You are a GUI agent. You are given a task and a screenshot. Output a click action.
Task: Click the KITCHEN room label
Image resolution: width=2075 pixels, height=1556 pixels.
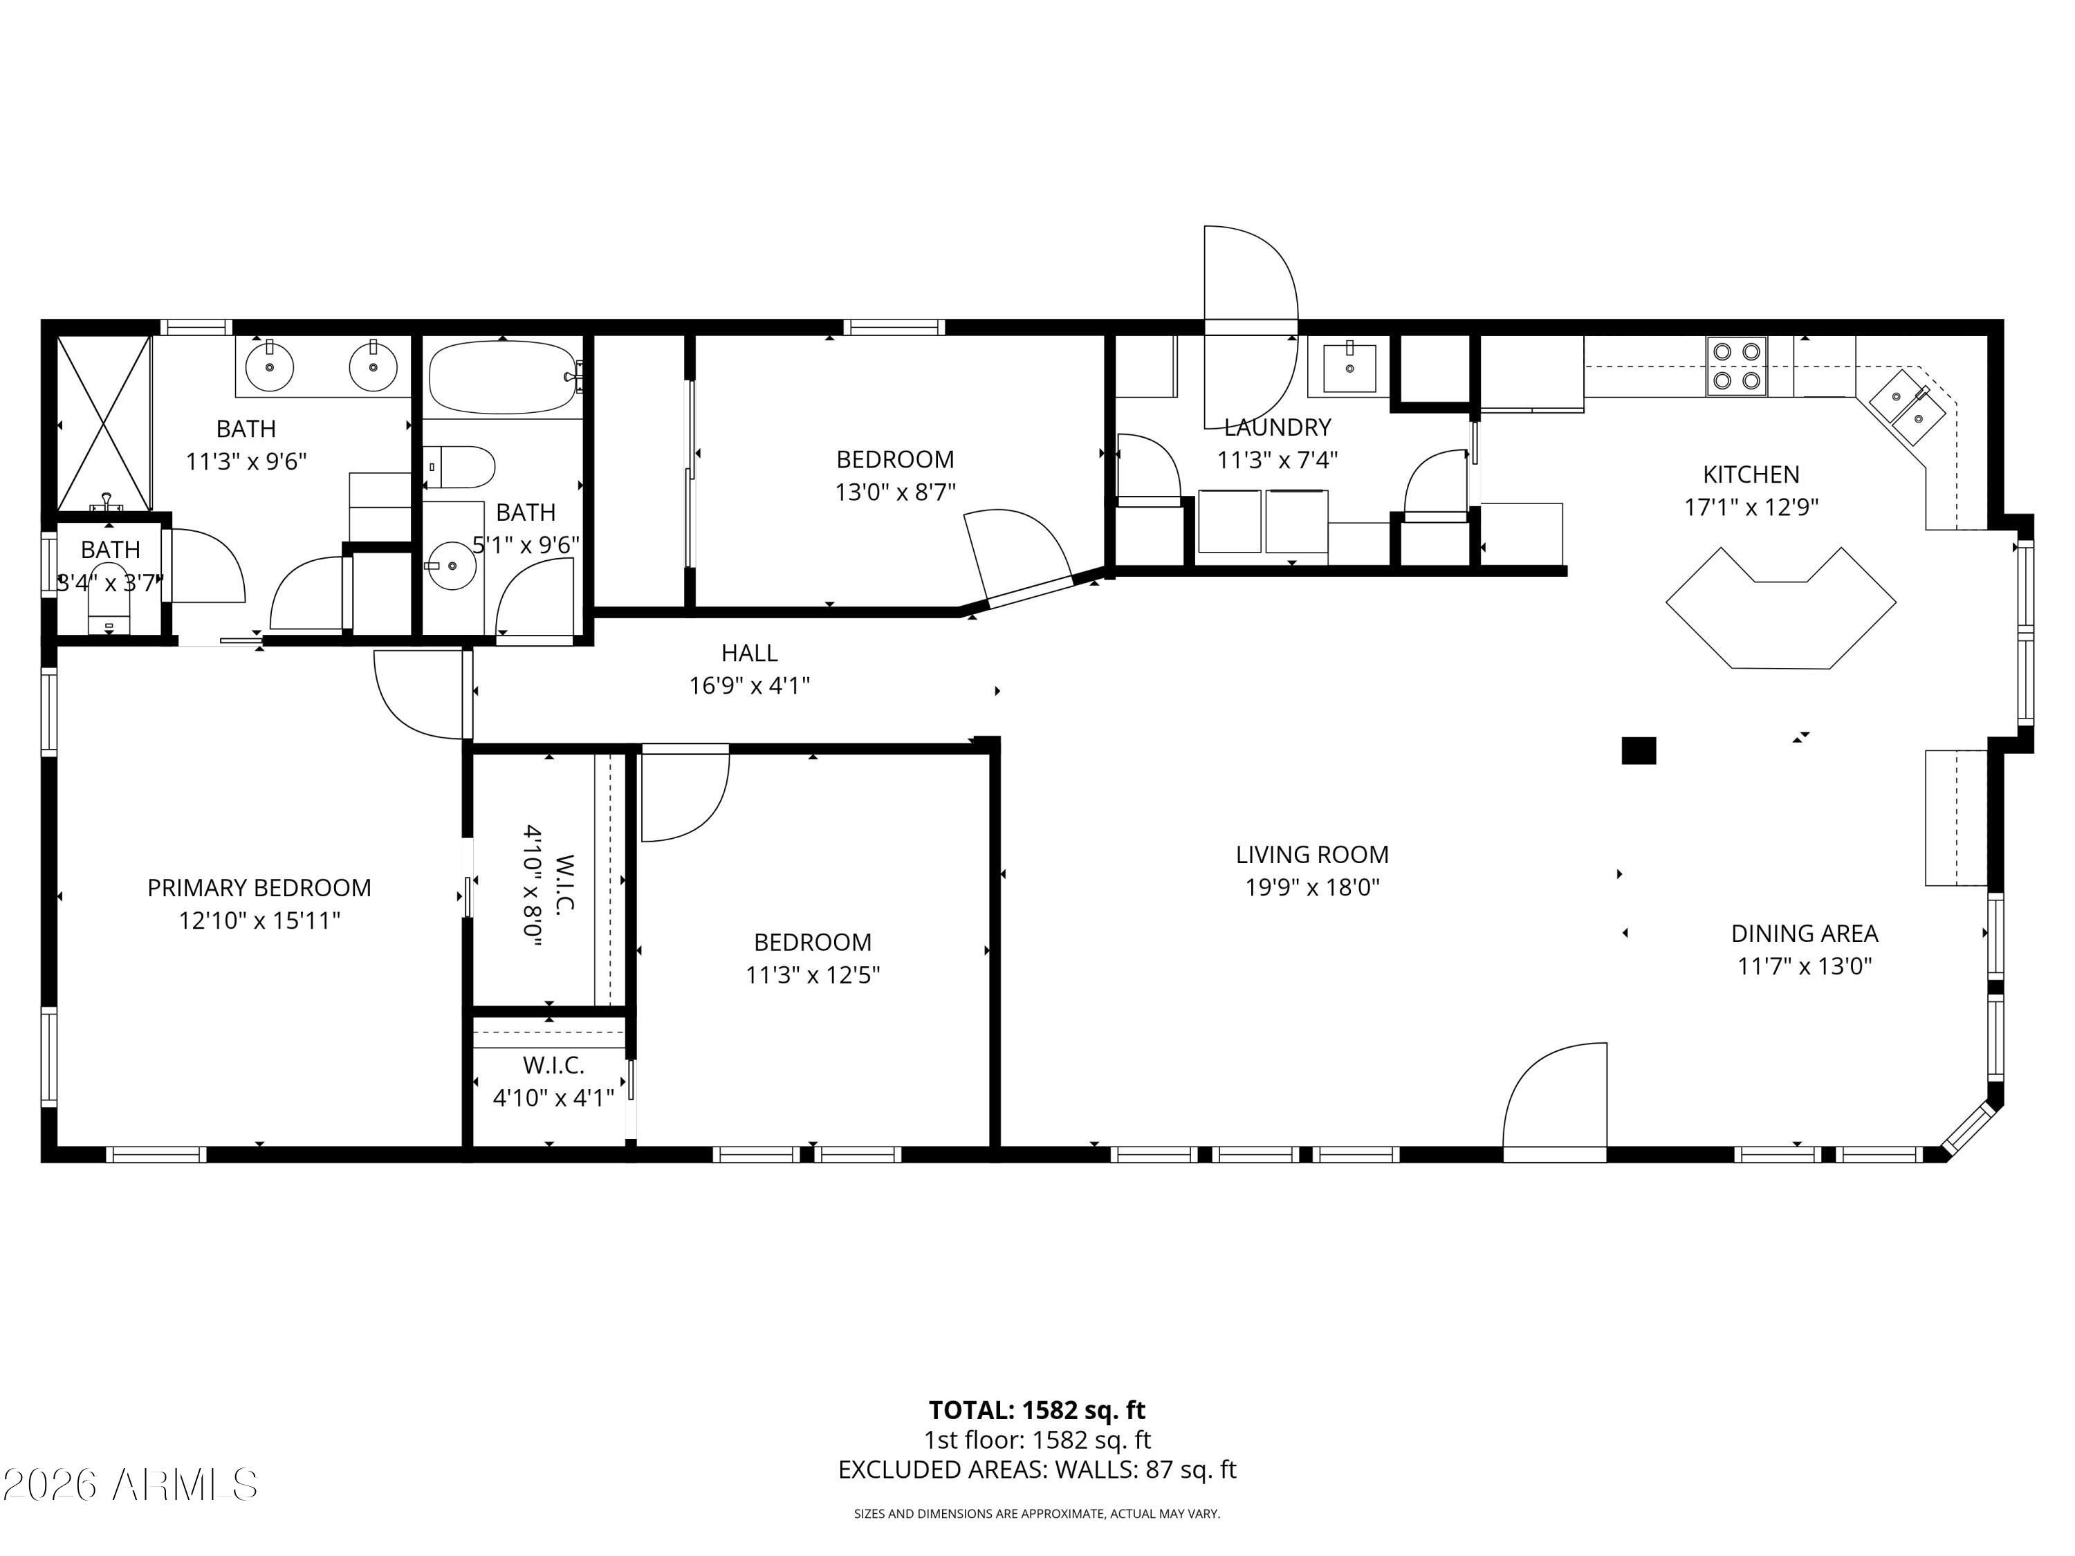(1751, 474)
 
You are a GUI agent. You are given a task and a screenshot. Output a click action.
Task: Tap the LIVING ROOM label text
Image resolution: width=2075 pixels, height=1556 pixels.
(1311, 855)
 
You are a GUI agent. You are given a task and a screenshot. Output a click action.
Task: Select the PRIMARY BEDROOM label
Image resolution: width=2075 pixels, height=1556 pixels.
(259, 887)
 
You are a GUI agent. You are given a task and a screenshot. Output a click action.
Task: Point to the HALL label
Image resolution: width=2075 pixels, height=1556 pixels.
(750, 653)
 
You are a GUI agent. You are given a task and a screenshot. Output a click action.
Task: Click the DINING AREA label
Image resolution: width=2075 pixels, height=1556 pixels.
(1804, 933)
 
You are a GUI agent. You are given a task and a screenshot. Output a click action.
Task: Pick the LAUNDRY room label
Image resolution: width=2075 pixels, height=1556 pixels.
(1278, 427)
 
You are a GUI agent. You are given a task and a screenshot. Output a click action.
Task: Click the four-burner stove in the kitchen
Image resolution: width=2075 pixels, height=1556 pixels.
(1736, 366)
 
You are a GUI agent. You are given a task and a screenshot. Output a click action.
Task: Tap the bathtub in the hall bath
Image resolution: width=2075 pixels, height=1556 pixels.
(504, 377)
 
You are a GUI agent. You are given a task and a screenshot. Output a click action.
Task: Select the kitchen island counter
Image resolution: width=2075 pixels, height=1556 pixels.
(1780, 609)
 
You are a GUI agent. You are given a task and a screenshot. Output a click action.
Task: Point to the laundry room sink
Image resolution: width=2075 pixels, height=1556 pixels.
(1349, 369)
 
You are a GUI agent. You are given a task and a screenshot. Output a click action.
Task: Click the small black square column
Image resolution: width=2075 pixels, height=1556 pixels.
(1639, 750)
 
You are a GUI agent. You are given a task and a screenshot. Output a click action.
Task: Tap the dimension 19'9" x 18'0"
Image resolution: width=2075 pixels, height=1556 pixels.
(1311, 887)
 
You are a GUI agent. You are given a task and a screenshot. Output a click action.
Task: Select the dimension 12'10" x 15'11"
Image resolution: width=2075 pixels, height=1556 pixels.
(259, 920)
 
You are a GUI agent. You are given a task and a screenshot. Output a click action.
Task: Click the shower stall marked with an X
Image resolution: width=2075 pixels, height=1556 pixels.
(104, 424)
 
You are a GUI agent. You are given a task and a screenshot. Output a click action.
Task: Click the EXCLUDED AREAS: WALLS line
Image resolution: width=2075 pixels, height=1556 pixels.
(1037, 1470)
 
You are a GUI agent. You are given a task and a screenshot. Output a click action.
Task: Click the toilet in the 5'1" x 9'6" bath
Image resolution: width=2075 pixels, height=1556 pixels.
(460, 466)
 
